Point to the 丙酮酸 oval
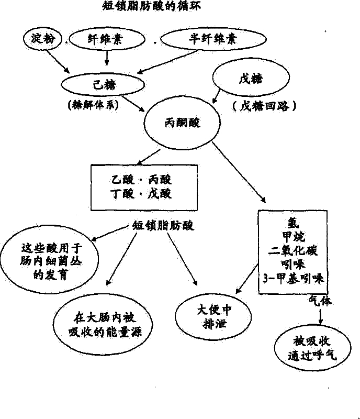[178, 124]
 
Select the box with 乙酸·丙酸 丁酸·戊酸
[138, 186]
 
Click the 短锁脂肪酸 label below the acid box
[162, 226]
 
